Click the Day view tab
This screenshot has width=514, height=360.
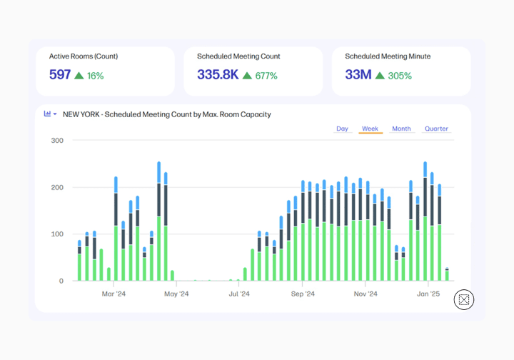click(342, 129)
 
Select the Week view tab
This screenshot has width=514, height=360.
click(370, 129)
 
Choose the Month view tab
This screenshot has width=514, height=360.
click(401, 129)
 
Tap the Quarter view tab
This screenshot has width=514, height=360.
click(436, 129)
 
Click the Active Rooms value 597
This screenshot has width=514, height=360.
click(60, 74)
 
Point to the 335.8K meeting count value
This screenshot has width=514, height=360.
click(218, 74)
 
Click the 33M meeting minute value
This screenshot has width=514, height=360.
click(358, 74)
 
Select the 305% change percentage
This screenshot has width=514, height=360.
click(400, 76)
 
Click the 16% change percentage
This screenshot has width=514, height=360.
click(96, 76)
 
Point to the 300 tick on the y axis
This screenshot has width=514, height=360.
click(57, 141)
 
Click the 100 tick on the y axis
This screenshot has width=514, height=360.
click(57, 234)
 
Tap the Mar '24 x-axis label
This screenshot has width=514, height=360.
click(114, 294)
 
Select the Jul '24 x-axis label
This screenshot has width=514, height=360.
click(239, 294)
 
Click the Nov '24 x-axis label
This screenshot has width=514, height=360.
click(366, 294)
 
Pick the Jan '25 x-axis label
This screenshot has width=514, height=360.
click(428, 294)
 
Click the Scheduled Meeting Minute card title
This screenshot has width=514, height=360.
click(388, 56)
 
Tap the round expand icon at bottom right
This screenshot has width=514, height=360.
click(464, 300)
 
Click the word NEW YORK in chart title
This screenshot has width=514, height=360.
click(81, 114)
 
